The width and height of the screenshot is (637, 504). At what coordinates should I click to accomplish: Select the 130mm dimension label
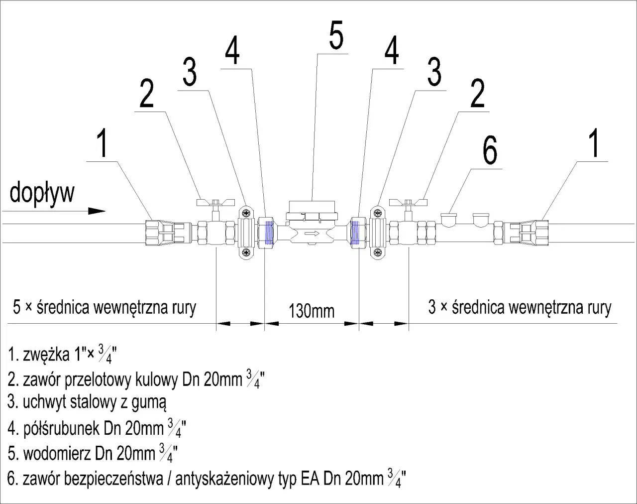[312, 311]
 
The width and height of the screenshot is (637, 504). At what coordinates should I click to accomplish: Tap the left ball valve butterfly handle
[215, 202]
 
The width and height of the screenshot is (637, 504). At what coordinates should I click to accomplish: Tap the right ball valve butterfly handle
[408, 202]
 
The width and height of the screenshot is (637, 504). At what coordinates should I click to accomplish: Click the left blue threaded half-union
[269, 232]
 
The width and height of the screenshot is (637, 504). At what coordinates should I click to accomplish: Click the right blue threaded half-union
[355, 232]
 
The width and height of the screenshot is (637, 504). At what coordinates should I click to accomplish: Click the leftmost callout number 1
[102, 143]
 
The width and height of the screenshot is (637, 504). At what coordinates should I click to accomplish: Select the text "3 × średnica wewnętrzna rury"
[520, 307]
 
